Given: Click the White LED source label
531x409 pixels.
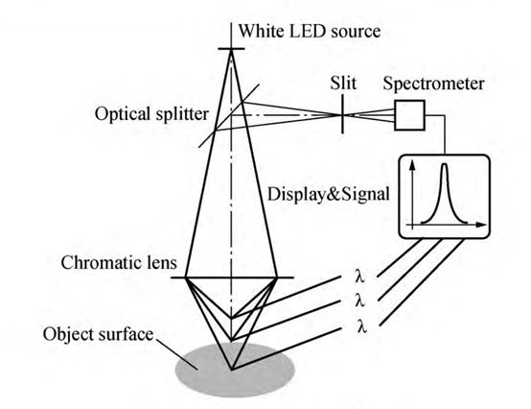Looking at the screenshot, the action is (x=310, y=31).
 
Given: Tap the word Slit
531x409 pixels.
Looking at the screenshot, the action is (x=343, y=84).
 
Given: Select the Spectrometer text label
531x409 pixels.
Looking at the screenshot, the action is (x=433, y=84).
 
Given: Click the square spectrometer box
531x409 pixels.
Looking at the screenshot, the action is (x=410, y=115).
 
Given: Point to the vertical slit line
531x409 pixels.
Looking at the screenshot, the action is (x=342, y=114).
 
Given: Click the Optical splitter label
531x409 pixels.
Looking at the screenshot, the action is (x=151, y=114).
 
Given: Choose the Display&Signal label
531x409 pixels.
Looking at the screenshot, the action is (x=328, y=194).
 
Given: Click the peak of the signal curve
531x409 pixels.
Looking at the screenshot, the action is (x=445, y=164).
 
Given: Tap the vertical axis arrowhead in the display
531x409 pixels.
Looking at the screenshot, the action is (x=412, y=164).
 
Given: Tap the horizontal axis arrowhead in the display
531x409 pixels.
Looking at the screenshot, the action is (x=481, y=225).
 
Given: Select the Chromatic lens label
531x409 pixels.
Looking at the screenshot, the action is (x=119, y=263).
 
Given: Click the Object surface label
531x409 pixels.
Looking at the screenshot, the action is (x=98, y=334).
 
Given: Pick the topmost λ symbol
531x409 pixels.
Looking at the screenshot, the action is (x=360, y=276).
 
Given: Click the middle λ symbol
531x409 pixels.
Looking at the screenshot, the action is (x=360, y=301).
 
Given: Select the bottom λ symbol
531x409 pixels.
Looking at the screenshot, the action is (x=361, y=325).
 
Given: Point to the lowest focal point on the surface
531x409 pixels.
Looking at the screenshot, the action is (x=231, y=370).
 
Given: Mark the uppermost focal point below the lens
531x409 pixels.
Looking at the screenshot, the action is (x=231, y=318).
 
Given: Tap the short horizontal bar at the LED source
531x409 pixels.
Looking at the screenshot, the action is (x=231, y=49).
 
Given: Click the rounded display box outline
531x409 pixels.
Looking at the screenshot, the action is (x=445, y=155).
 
